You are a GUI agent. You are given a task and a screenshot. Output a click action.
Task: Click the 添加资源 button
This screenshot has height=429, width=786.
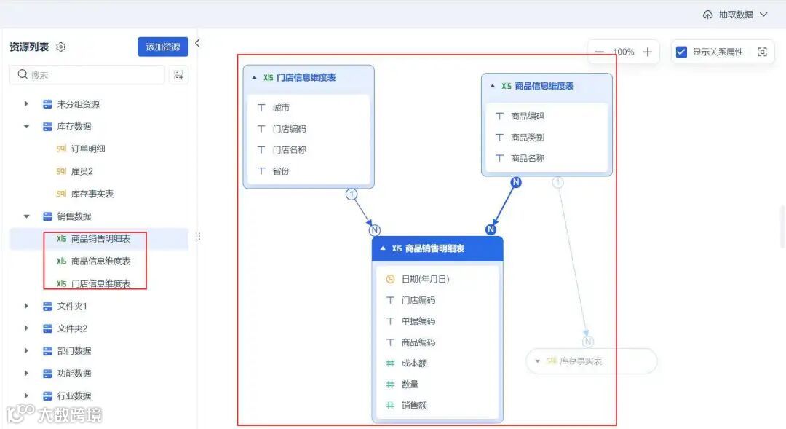tap(162, 47)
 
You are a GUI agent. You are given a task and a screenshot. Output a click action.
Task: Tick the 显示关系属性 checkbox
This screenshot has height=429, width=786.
tap(681, 52)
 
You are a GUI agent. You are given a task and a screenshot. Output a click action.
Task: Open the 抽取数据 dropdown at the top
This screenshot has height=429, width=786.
tap(735, 15)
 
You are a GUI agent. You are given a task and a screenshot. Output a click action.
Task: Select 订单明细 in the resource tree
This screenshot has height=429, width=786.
tap(88, 149)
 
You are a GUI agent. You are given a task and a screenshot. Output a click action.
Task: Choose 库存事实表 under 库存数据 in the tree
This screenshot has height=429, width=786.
tap(92, 194)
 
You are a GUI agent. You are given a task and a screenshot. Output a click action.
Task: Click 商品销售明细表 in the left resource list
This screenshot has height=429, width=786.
tap(100, 238)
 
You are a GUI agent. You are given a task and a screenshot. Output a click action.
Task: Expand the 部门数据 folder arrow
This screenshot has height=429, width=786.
tap(27, 350)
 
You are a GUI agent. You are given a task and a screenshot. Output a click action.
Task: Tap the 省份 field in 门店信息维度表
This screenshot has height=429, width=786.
tap(281, 170)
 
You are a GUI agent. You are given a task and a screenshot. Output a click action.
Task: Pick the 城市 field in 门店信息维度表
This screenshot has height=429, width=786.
tap(281, 107)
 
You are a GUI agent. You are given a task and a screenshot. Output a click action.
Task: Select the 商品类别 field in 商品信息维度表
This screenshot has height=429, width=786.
tap(527, 137)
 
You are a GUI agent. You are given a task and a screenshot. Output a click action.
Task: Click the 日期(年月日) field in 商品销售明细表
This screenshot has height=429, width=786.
tap(425, 278)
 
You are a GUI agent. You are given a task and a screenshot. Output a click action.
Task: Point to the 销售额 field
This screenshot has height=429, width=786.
tap(413, 405)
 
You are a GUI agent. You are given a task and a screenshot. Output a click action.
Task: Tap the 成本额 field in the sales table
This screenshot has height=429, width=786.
tap(413, 363)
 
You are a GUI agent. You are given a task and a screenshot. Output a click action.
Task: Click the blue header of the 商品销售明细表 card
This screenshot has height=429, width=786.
tap(437, 248)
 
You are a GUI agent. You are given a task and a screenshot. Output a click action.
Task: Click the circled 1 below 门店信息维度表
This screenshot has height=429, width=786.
tap(352, 194)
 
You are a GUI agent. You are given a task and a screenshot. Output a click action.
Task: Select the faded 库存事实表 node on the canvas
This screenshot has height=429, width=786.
tap(590, 361)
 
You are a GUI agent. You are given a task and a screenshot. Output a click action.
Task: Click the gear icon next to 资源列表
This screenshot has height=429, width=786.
tap(61, 47)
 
